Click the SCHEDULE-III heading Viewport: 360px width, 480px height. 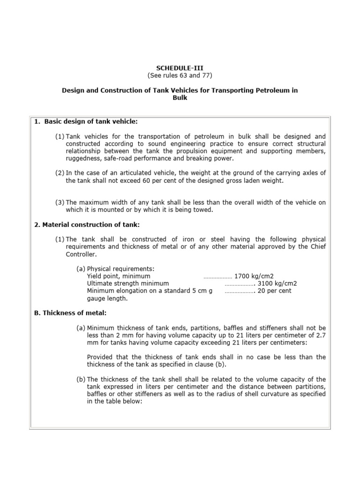point(180,68)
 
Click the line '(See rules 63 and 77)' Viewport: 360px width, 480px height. point(180,75)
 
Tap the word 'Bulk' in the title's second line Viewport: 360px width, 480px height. point(180,97)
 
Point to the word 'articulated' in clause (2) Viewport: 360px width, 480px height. point(135,173)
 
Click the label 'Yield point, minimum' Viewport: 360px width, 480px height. point(119,276)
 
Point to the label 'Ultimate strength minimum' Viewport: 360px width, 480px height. point(128,284)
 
